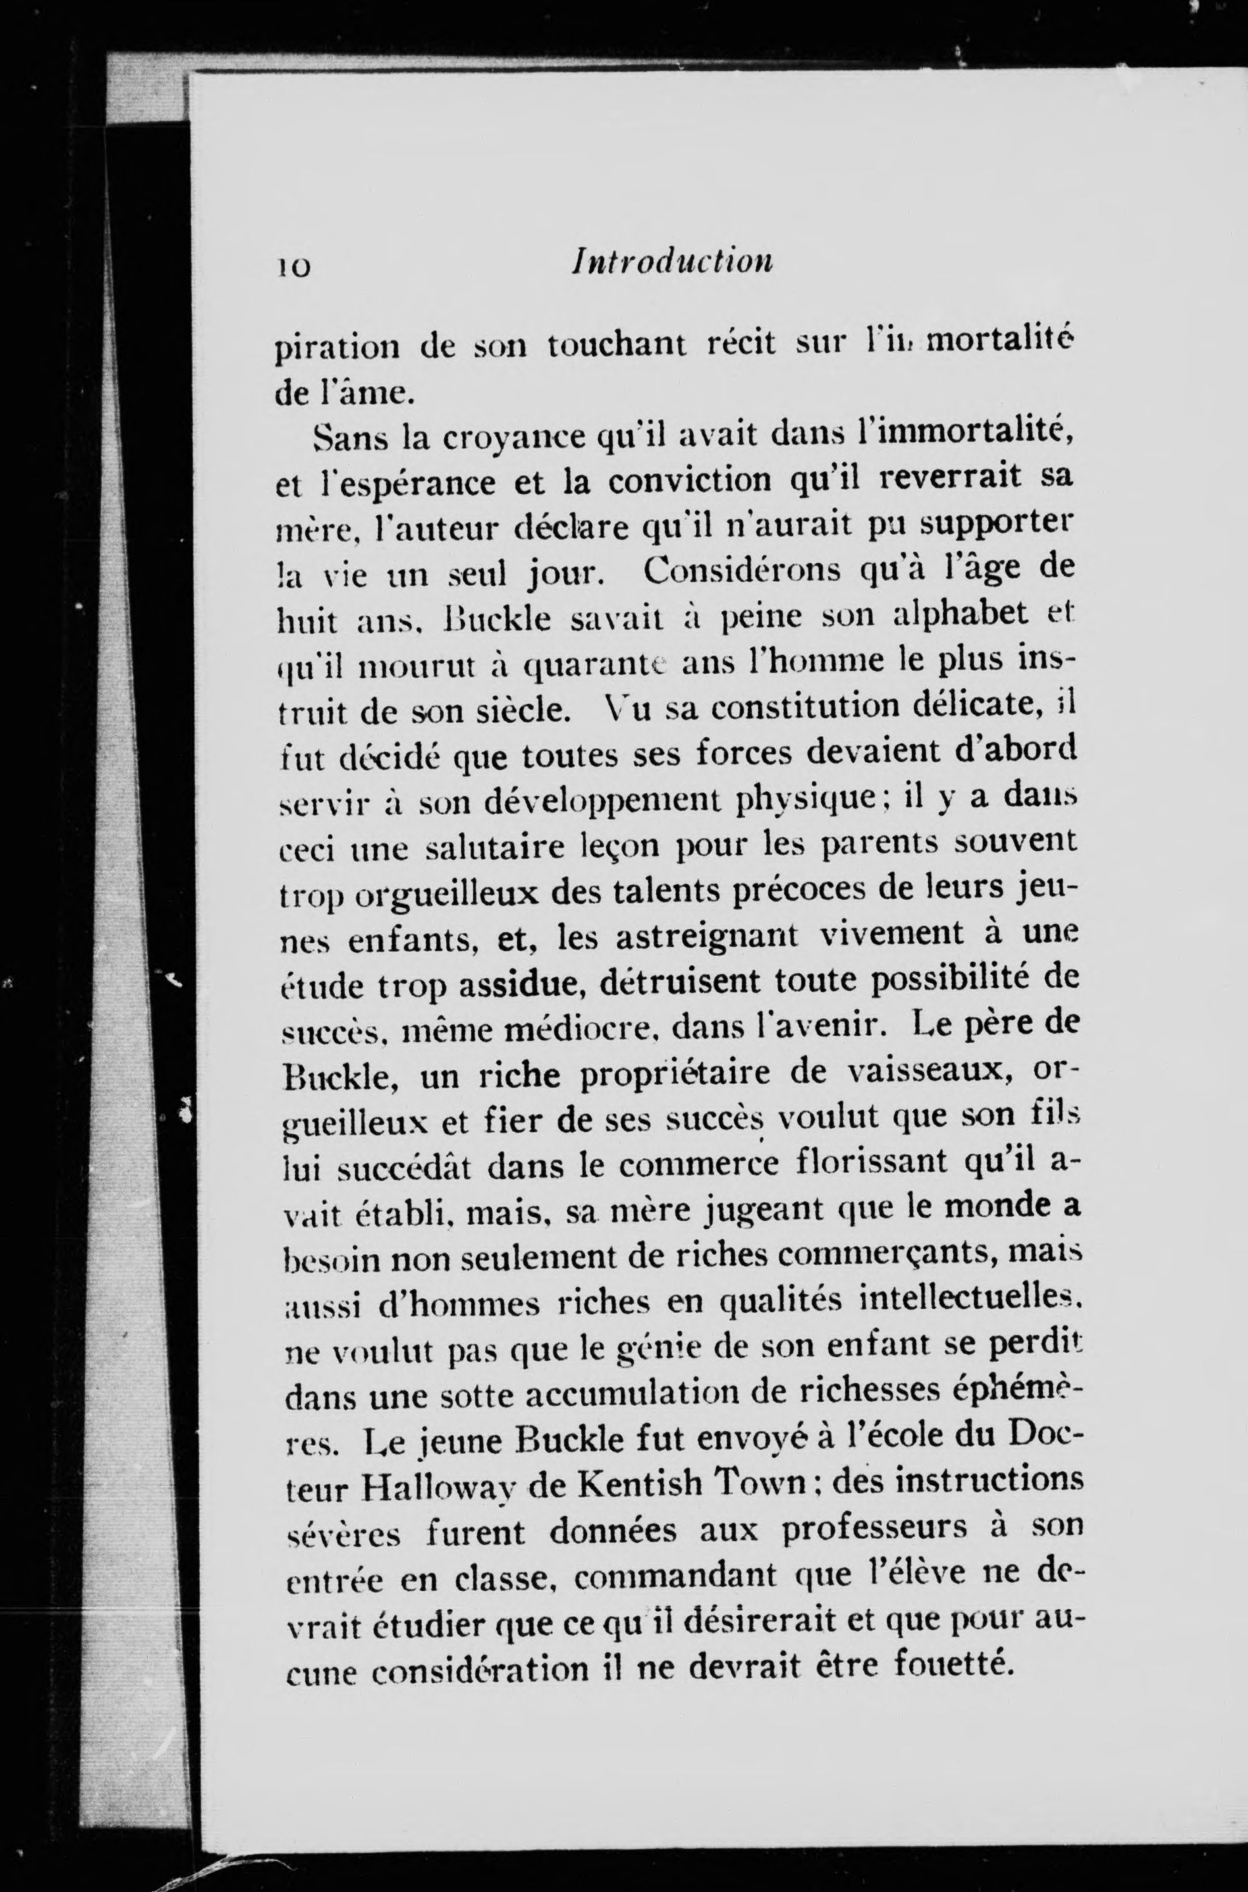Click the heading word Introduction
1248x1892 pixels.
(x=672, y=262)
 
